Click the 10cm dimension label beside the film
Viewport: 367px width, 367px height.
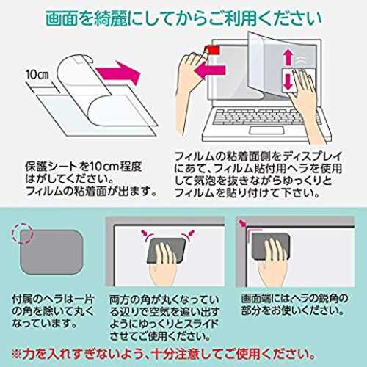pyautogui.click(x=37, y=74)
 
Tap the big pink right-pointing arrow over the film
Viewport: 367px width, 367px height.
pyautogui.click(x=117, y=73)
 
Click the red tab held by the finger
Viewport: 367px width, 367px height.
pyautogui.click(x=213, y=50)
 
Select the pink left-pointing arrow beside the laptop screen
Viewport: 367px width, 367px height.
pyautogui.click(x=210, y=70)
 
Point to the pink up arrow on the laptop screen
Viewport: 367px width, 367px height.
pyautogui.click(x=288, y=57)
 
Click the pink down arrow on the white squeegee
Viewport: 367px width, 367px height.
pyautogui.click(x=288, y=81)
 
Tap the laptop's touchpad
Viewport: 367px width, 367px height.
pyautogui.click(x=266, y=130)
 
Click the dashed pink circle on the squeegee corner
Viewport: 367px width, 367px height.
pyautogui.click(x=22, y=233)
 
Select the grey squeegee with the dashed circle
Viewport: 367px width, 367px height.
pyautogui.click(x=51, y=252)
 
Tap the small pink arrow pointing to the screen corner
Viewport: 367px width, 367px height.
pyautogui.click(x=242, y=222)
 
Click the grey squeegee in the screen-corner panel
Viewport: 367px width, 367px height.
pyautogui.click(x=271, y=247)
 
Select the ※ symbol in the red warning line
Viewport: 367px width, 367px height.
pyautogui.click(x=17, y=354)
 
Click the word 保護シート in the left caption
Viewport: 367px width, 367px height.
pyautogui.click(x=51, y=167)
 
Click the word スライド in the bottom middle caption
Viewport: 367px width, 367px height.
pyautogui.click(x=196, y=324)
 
